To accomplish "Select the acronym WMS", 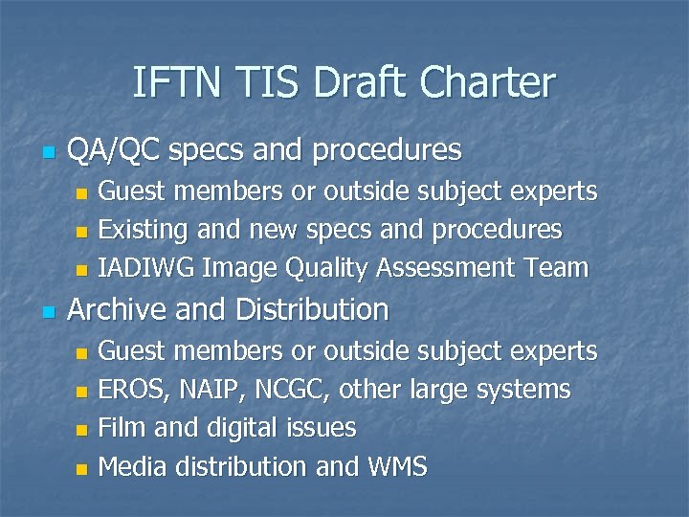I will click(397, 466).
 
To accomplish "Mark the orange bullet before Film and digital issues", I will click(81, 430).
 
